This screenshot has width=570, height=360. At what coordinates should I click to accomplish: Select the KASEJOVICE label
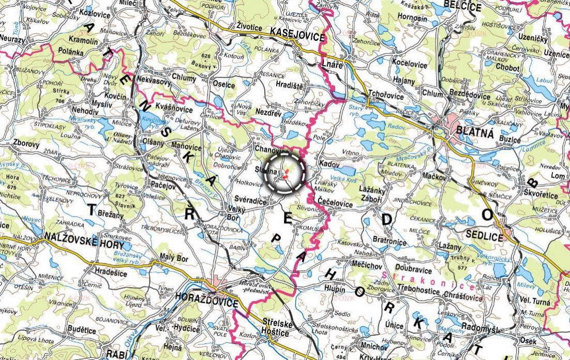pyautogui.click(x=297, y=35)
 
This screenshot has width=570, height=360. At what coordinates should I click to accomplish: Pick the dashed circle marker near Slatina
pyautogui.click(x=284, y=173)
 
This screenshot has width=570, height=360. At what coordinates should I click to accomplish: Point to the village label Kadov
pyautogui.click(x=329, y=163)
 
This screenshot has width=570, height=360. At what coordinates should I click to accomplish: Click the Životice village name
pyautogui.click(x=249, y=24)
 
